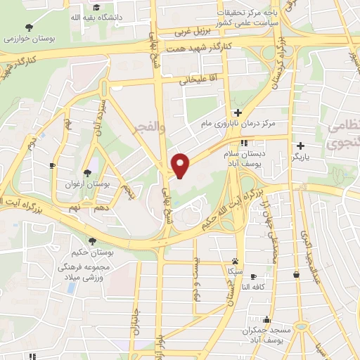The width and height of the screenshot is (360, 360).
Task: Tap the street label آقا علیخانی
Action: [x=194, y=80]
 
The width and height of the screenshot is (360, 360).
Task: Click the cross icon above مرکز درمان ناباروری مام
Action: [x=239, y=112]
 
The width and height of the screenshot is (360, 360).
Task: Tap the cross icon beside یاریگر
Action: [x=300, y=146]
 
